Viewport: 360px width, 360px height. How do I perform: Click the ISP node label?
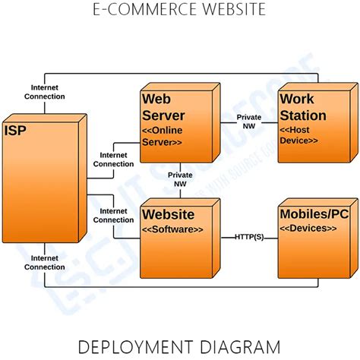click(x=15, y=131)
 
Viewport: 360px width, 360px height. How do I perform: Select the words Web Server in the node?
click(x=163, y=108)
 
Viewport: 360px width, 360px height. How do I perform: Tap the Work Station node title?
click(x=302, y=108)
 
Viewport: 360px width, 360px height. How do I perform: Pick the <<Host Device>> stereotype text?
click(x=300, y=136)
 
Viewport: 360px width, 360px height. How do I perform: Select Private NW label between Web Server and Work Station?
click(x=249, y=122)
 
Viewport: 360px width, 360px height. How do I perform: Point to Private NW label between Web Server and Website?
click(x=181, y=179)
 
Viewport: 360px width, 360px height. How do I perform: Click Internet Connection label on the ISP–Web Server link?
click(x=114, y=159)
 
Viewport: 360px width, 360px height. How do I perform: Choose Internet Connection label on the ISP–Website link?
click(x=114, y=215)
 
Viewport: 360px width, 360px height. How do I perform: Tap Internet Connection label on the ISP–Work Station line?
click(x=45, y=92)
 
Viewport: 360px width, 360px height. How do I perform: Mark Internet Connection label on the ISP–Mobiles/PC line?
click(x=45, y=262)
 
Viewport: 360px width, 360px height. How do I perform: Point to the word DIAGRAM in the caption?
click(x=243, y=347)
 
